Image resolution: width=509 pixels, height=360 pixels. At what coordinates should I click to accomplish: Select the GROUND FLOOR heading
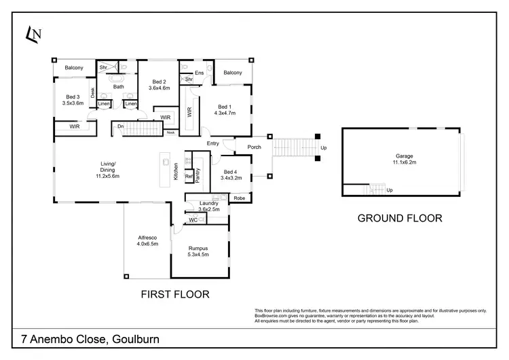400,218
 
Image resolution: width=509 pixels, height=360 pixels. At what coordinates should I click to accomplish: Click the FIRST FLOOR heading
174,294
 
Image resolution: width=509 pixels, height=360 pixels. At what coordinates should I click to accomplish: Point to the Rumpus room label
198,252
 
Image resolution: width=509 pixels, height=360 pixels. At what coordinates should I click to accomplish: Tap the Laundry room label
209,206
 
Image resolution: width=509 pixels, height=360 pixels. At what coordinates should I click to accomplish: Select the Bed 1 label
225,109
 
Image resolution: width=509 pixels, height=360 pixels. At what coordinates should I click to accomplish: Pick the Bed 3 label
73,100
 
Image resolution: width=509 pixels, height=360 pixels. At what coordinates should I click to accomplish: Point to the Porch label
254,147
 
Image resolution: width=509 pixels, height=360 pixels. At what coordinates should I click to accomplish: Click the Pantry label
197,175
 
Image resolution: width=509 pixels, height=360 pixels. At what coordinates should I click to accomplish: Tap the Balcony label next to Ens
233,73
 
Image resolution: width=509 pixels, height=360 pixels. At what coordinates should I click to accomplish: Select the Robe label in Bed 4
239,198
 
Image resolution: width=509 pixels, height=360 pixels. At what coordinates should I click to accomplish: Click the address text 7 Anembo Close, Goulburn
86,340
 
